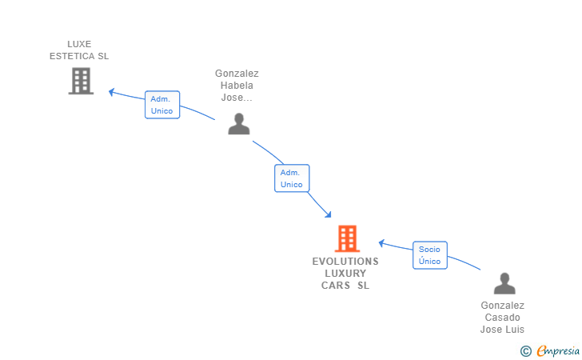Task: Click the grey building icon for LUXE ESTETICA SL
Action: [x=81, y=81]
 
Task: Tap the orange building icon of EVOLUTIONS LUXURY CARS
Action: [x=347, y=238]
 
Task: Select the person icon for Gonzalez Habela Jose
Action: [x=239, y=124]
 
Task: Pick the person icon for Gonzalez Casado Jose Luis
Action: [x=504, y=284]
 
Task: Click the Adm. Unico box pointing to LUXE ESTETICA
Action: [x=162, y=105]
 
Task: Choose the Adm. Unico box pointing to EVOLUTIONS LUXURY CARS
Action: [x=292, y=178]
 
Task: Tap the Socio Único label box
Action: [x=430, y=255]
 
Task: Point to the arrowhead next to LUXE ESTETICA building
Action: [x=113, y=92]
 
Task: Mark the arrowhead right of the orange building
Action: [x=382, y=242]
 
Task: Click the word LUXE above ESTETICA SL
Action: [x=79, y=44]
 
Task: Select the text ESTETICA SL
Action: [x=79, y=56]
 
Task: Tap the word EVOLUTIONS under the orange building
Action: [x=345, y=262]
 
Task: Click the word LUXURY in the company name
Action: [x=345, y=274]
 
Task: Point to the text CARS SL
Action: [x=345, y=286]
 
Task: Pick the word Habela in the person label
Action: [x=237, y=86]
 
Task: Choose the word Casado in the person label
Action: [x=502, y=318]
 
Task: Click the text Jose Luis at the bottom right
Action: [x=502, y=330]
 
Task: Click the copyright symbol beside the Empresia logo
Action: [x=526, y=350]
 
